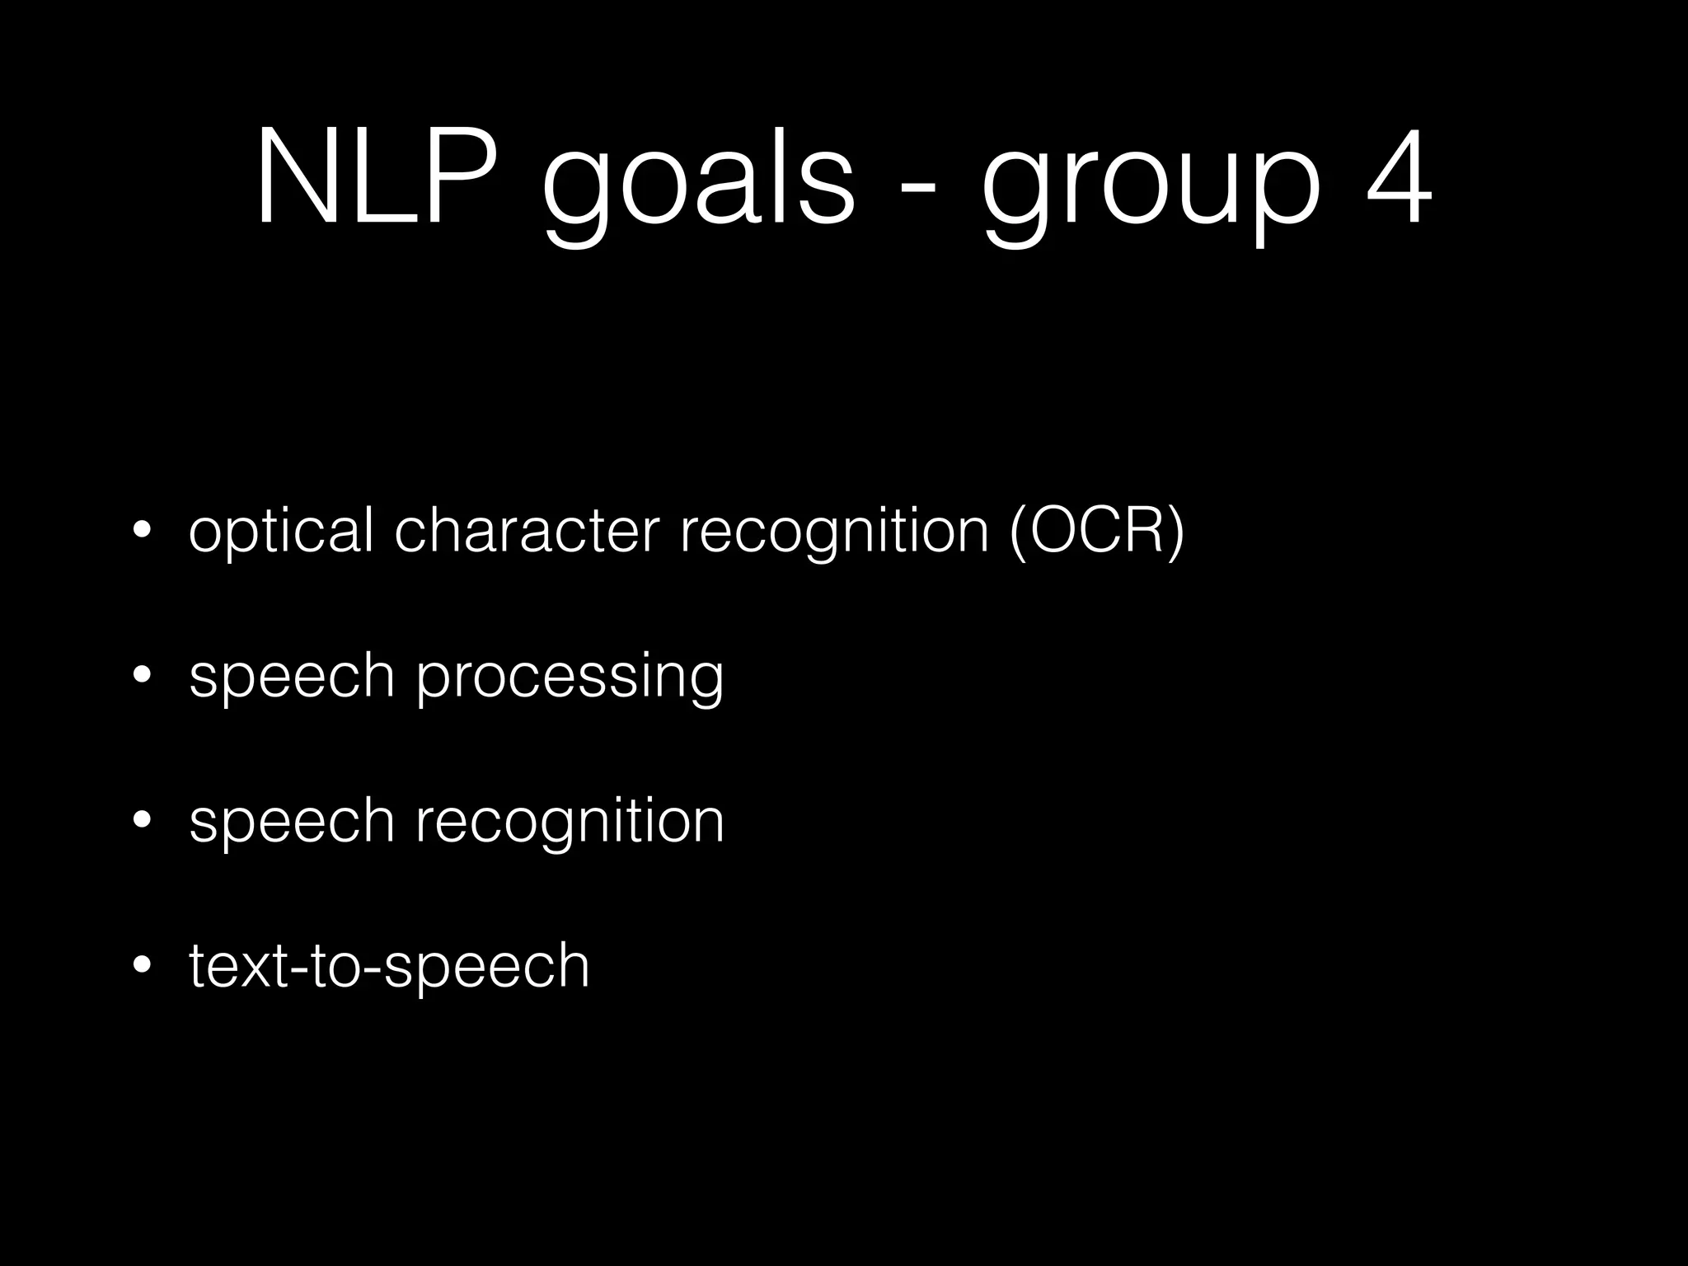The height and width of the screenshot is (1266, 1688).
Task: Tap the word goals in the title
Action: pyautogui.click(x=699, y=185)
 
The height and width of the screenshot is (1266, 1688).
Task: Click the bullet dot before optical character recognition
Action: pyautogui.click(x=142, y=530)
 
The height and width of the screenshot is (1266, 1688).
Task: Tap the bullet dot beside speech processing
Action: pyautogui.click(x=142, y=675)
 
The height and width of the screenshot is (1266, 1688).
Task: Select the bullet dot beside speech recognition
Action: pyautogui.click(x=142, y=820)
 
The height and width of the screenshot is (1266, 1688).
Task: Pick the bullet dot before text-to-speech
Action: pyautogui.click(x=142, y=964)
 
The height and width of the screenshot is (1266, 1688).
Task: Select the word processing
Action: pyautogui.click(x=570, y=678)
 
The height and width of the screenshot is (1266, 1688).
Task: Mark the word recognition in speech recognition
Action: pyautogui.click(x=570, y=823)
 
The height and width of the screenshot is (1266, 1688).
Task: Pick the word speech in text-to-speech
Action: pyautogui.click(x=487, y=968)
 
